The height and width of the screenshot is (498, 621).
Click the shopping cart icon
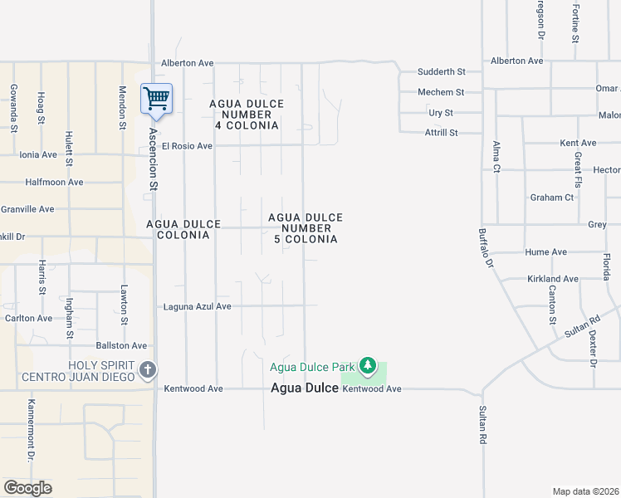click(156, 99)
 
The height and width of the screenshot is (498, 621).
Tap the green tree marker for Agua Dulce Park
click(368, 365)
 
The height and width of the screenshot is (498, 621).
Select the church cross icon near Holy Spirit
click(148, 369)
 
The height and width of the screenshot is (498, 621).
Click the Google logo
click(27, 488)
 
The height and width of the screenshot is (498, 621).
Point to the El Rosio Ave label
click(187, 146)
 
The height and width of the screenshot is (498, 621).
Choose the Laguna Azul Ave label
click(197, 306)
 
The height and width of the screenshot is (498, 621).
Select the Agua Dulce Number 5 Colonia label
click(306, 228)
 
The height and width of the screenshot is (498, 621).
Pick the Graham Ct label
click(552, 198)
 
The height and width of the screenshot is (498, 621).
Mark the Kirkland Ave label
click(552, 279)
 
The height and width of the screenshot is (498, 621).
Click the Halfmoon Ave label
click(55, 182)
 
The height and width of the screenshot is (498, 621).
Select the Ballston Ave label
click(121, 345)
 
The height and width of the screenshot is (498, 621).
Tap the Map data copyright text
click(586, 491)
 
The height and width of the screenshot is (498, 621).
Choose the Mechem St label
click(441, 92)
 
